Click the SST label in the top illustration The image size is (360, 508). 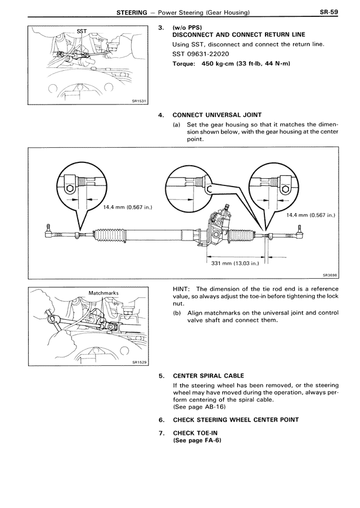click(82, 32)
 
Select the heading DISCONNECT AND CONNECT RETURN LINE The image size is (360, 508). click(240, 35)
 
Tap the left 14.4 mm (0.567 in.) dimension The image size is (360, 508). click(127, 207)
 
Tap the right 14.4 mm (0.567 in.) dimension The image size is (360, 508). click(310, 214)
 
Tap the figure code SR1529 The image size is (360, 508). click(138, 362)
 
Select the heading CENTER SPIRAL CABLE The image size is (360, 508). click(213, 375)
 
